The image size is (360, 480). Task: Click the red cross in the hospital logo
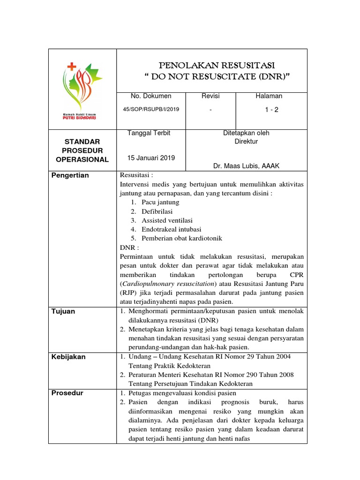click(72, 67)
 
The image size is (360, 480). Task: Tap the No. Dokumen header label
click(151, 96)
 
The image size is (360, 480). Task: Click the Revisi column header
click(210, 96)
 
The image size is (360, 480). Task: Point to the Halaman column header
click(269, 96)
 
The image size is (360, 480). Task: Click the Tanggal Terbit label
click(149, 133)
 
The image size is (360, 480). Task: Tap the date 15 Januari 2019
click(151, 158)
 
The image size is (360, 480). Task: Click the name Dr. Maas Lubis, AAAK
click(246, 166)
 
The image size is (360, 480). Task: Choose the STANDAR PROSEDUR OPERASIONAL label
click(82, 150)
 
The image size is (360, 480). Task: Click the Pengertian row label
click(70, 175)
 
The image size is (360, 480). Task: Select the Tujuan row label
click(63, 311)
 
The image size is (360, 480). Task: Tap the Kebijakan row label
click(68, 357)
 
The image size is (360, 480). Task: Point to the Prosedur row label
click(67, 393)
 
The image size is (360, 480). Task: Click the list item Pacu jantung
click(160, 202)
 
